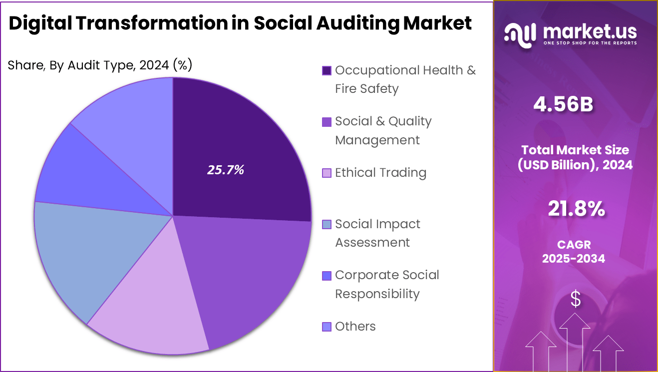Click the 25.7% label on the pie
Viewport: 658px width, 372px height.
click(x=226, y=170)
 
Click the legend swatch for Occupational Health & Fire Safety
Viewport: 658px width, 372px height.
click(x=327, y=70)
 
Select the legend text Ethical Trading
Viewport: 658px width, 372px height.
click(x=380, y=173)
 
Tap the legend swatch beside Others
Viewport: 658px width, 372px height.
click(x=327, y=327)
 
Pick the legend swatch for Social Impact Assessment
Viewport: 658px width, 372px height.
click(x=327, y=225)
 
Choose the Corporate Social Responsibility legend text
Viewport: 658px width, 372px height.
click(x=387, y=284)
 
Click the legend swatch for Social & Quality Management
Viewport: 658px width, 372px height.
click(x=327, y=122)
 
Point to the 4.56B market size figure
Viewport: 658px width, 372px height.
click(x=563, y=104)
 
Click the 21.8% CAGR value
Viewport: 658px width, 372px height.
click(x=576, y=209)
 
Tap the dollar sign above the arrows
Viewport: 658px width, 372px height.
click(x=576, y=299)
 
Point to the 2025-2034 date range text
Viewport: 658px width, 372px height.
click(x=573, y=259)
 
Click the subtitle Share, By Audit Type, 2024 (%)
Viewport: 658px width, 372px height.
click(x=100, y=65)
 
